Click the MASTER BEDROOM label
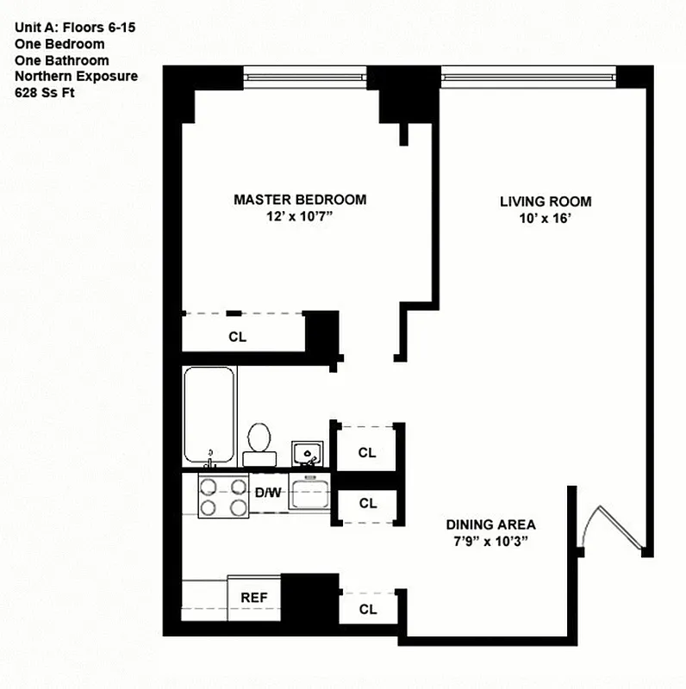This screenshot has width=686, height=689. pyautogui.click(x=300, y=200)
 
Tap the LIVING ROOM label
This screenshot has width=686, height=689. pyautogui.click(x=546, y=202)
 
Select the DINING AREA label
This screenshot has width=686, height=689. pyautogui.click(x=490, y=524)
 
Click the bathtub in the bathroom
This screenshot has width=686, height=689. pyautogui.click(x=209, y=416)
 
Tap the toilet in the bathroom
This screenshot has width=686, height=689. pyautogui.click(x=258, y=439)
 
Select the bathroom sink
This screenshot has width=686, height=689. pyautogui.click(x=306, y=451)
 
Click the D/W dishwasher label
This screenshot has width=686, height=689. pyautogui.click(x=267, y=493)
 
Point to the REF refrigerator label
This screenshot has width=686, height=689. pyautogui.click(x=253, y=596)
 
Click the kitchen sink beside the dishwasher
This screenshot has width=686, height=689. pyautogui.click(x=309, y=493)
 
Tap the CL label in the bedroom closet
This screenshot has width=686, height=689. pyautogui.click(x=238, y=337)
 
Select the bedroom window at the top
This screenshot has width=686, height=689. pyautogui.click(x=312, y=78)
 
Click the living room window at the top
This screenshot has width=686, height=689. pyautogui.click(x=528, y=78)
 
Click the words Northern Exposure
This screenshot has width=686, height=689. pyautogui.click(x=76, y=77)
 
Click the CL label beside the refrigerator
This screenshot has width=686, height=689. pyautogui.click(x=368, y=609)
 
